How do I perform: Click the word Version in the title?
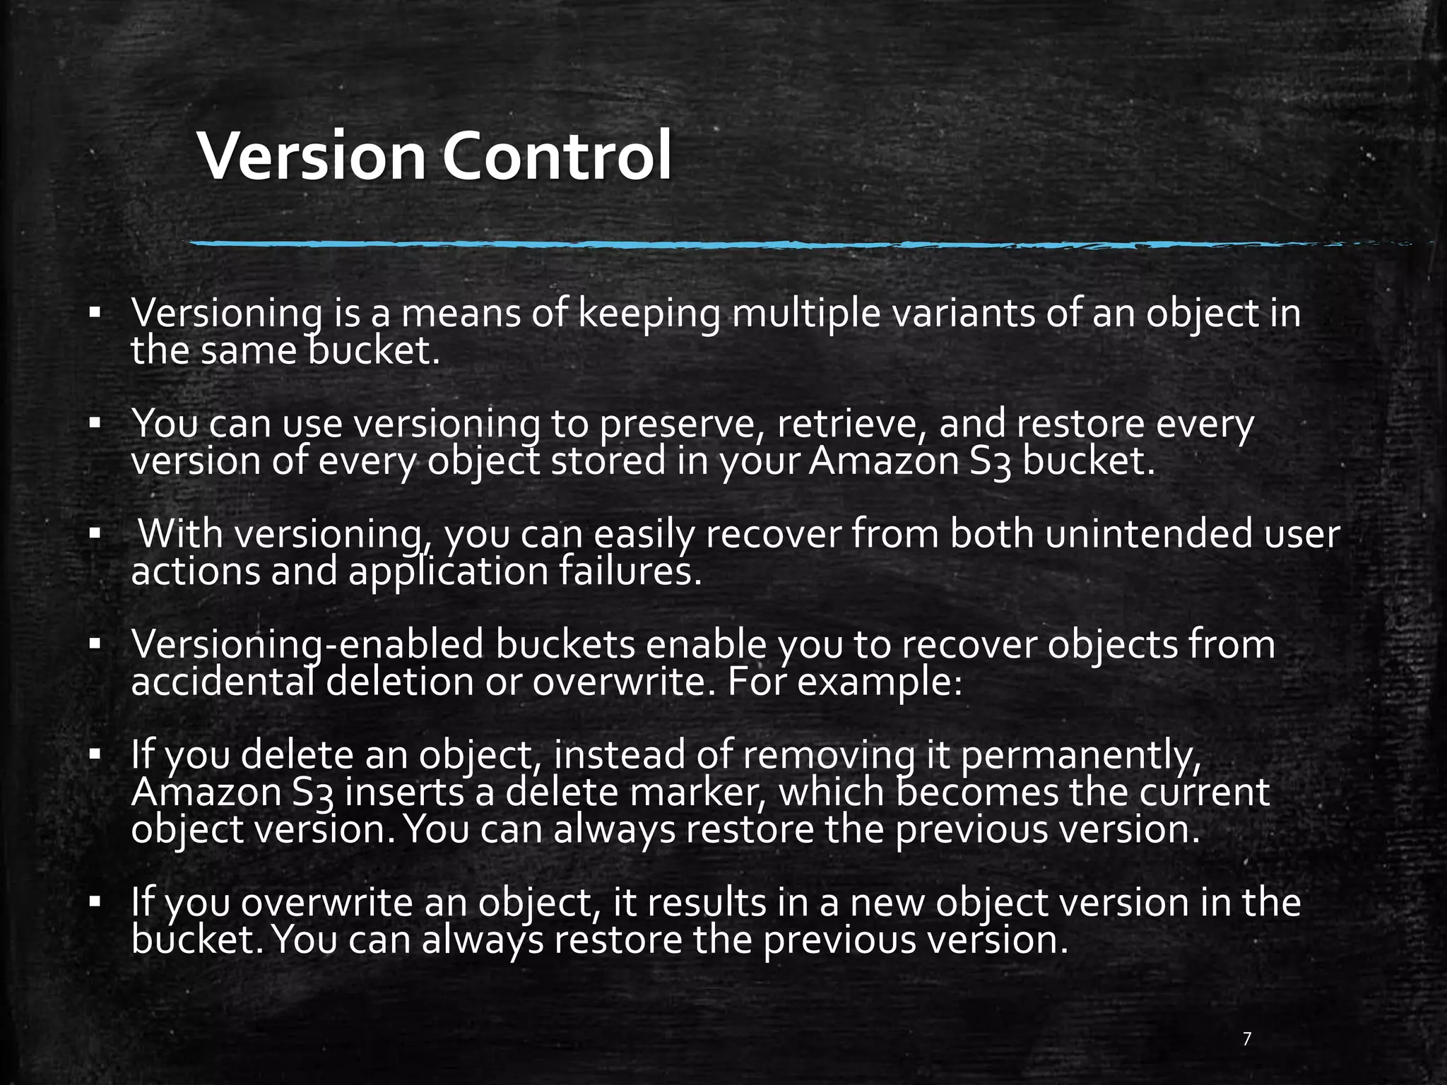tap(312, 156)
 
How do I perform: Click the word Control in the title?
tap(557, 156)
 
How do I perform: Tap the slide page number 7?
tap(1247, 1038)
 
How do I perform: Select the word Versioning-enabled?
tap(317, 645)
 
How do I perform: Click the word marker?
tap(699, 793)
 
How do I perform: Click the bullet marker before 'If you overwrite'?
tap(94, 903)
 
